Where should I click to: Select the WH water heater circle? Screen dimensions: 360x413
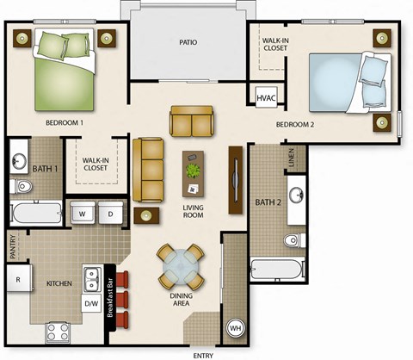[x=234, y=328]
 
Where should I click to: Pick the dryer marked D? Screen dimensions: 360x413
[x=110, y=213]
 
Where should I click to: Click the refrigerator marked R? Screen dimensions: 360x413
[x=17, y=280]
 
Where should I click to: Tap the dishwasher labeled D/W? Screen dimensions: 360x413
[x=91, y=304]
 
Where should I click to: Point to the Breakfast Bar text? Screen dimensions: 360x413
[x=110, y=295]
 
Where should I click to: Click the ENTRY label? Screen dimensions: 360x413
[x=203, y=354]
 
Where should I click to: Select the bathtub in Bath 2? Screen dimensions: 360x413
[x=276, y=268]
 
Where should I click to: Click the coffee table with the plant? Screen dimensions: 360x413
[x=194, y=170]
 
